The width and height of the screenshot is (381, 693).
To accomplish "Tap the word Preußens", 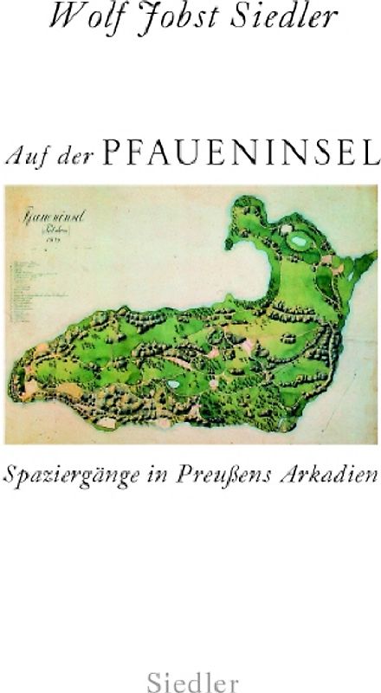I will point(238,477).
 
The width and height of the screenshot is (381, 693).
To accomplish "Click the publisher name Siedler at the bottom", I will point(190,672).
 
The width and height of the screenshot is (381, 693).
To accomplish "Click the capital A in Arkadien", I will point(294,477).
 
